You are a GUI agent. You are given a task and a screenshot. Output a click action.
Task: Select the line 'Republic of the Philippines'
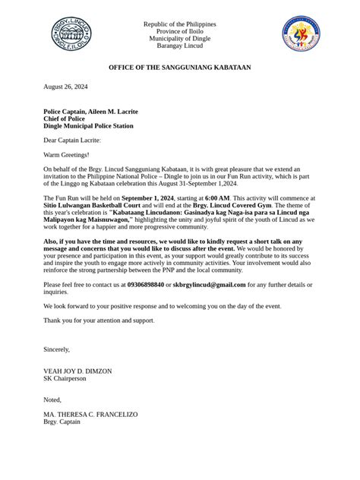point(180,24)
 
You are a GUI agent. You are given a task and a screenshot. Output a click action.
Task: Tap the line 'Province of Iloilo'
point(180,31)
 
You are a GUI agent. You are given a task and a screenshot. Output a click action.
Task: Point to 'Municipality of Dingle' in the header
point(180,38)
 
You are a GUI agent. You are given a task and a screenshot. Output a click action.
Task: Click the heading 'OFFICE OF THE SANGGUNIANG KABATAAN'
point(180,68)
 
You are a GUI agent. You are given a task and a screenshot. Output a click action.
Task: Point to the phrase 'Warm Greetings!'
point(66,154)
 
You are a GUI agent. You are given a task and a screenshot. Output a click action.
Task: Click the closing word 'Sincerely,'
point(57,349)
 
